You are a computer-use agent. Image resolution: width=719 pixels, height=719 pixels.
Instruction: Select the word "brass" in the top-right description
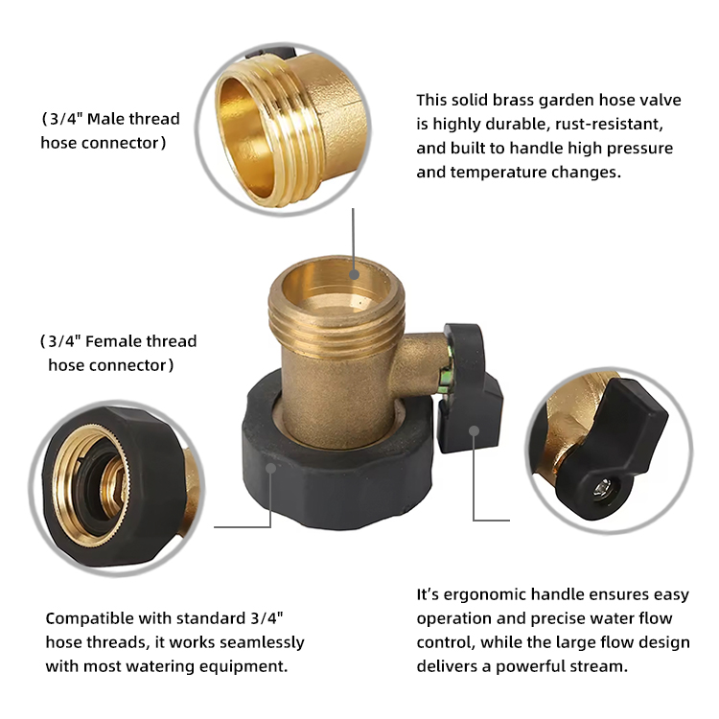[514, 100]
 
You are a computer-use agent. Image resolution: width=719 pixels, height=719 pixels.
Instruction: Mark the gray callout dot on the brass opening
[354, 275]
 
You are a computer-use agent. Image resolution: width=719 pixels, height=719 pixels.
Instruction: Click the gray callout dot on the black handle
[475, 430]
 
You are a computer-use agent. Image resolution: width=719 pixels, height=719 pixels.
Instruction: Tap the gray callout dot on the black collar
[271, 468]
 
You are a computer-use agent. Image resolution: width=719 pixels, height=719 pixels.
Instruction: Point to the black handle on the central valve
[471, 388]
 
